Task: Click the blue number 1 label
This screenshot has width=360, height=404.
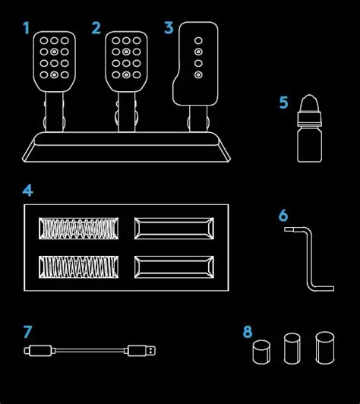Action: pyautogui.click(x=27, y=29)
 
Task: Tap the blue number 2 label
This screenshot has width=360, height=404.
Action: pyautogui.click(x=96, y=29)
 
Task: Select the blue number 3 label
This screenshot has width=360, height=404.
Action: pyautogui.click(x=169, y=28)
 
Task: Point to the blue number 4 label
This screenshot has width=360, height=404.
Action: pyautogui.click(x=27, y=190)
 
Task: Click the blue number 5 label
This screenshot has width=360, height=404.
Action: pyautogui.click(x=283, y=102)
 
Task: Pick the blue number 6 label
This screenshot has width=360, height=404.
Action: pyautogui.click(x=283, y=215)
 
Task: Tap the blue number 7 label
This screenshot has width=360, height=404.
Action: pyautogui.click(x=27, y=332)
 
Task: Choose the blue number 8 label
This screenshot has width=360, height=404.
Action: pyautogui.click(x=248, y=332)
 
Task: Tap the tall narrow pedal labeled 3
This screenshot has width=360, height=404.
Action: pyautogui.click(x=198, y=61)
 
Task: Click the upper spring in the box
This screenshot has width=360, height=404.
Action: pyautogui.click(x=80, y=228)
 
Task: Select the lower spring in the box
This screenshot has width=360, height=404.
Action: pyautogui.click(x=80, y=265)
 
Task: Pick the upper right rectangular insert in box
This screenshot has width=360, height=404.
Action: pyautogui.click(x=174, y=228)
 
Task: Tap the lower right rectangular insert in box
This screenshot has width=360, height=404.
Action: pyautogui.click(x=174, y=265)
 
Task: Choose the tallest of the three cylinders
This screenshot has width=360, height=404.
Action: pyautogui.click(x=325, y=347)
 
